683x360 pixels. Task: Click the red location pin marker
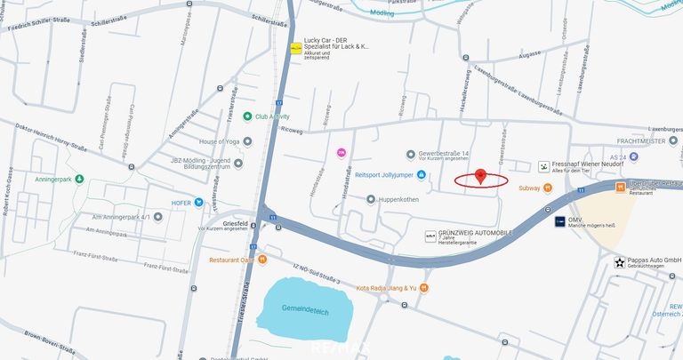tap(481, 175)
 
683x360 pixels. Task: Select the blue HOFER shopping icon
tap(199, 203)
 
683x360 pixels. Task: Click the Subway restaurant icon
tap(548, 188)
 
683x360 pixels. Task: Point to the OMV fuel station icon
tap(559, 220)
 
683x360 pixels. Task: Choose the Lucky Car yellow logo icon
tap(296, 47)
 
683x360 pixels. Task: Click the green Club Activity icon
tap(247, 116)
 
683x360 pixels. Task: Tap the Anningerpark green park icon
tap(79, 179)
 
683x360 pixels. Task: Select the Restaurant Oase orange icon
tap(261, 260)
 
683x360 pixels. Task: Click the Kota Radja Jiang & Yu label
tap(386, 288)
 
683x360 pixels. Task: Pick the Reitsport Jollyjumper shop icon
tap(422, 174)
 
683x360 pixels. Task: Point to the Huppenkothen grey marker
tap(371, 199)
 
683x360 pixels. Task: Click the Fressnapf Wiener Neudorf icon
tap(544, 166)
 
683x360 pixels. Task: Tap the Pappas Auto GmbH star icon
tap(620, 261)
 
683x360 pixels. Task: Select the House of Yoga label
tap(219, 141)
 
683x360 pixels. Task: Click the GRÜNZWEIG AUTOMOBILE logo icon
tap(430, 236)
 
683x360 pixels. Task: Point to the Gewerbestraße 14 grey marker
tap(410, 153)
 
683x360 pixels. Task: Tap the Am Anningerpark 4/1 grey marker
tap(157, 216)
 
